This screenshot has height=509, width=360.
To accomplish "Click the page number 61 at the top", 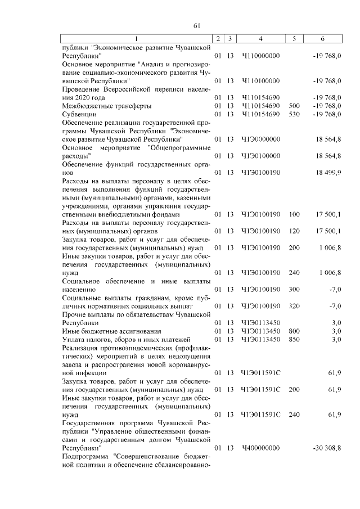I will (197, 25).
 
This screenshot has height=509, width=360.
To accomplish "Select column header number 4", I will (260, 38).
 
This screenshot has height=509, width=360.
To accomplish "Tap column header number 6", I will (322, 38).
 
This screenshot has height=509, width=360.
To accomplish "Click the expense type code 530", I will (294, 114).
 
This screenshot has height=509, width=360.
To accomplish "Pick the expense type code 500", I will (294, 106).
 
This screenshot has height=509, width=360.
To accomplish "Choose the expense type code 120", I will (294, 231).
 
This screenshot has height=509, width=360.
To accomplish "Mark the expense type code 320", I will (294, 305).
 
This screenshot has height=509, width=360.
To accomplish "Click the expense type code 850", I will (294, 339).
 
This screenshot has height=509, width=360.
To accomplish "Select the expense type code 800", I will (294, 331).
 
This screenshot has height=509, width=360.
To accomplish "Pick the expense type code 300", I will (294, 289).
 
